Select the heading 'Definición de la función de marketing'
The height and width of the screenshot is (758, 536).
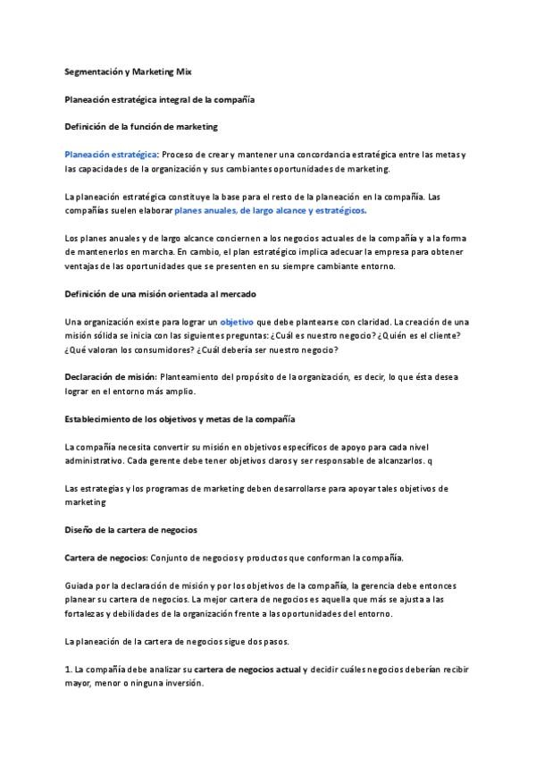coord(141,127)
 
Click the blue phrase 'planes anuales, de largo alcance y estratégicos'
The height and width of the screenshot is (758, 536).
coord(270,211)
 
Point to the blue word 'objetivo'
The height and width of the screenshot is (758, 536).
coord(237,321)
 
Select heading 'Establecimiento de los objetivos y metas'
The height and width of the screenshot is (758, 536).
coord(180,418)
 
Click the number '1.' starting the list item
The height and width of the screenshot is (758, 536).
coord(69,670)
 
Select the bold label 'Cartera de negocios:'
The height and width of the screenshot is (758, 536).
coord(105,558)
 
